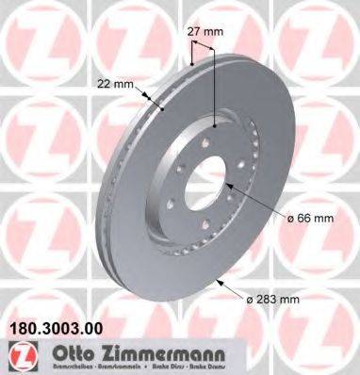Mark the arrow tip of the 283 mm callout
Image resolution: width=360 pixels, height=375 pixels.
(x=219, y=279)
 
